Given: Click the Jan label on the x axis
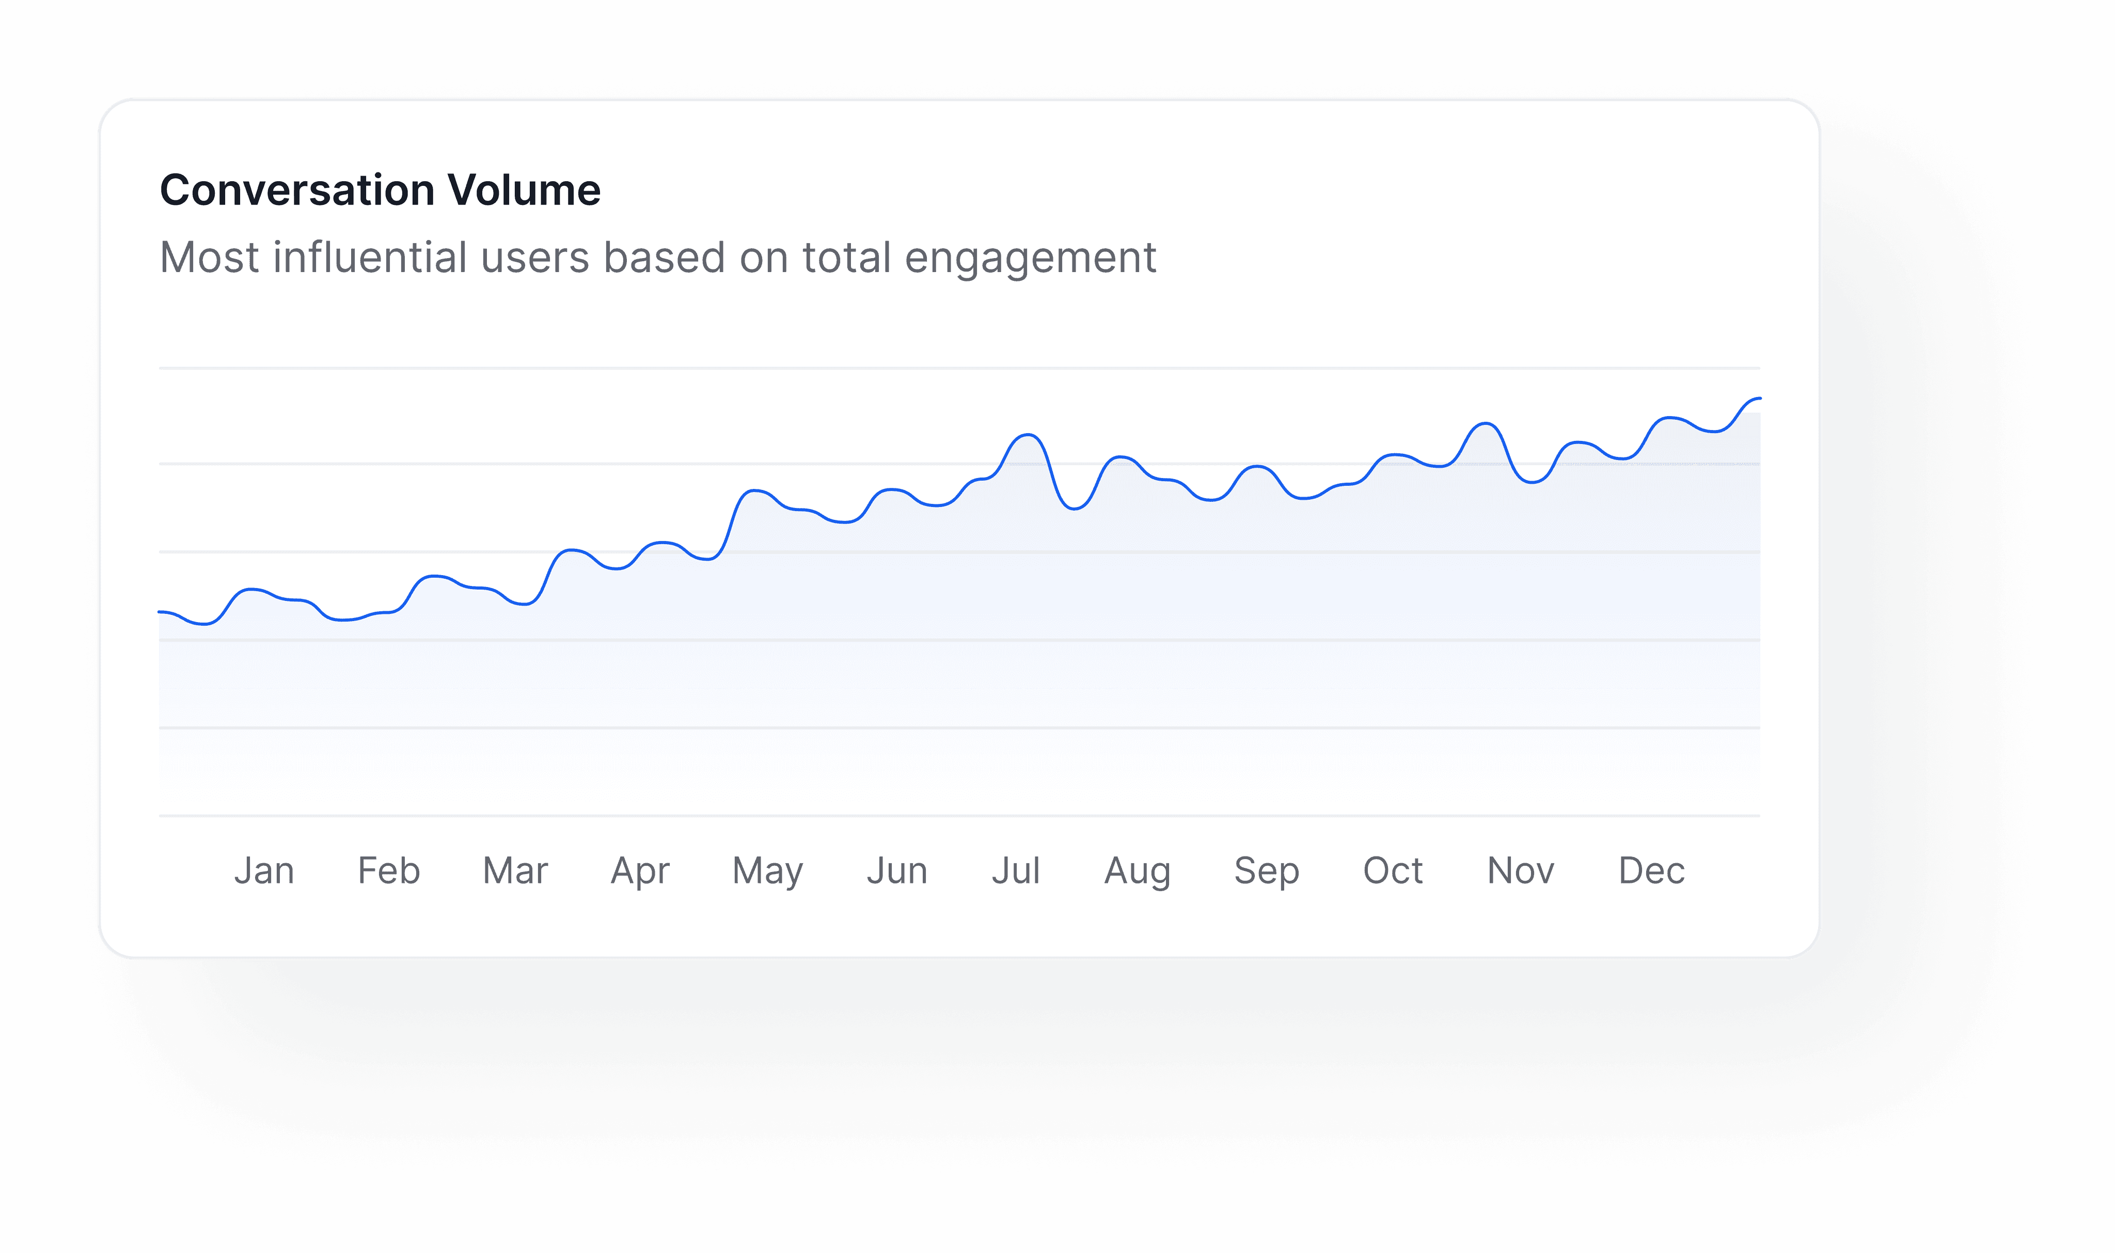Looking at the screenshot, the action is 264,870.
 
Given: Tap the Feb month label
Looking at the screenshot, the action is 389,870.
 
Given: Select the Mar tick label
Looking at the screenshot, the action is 515,870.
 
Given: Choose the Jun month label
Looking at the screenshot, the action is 897,870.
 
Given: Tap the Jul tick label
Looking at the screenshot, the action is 1016,870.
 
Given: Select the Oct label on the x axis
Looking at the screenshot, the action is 1393,870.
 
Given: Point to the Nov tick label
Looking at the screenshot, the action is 1521,870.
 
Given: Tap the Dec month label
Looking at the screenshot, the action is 1651,870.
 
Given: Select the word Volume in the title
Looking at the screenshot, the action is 524,190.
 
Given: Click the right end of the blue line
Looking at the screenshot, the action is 1760,399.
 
